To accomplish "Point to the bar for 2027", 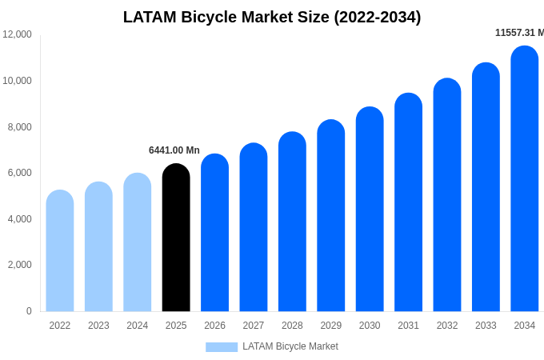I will [x=254, y=227].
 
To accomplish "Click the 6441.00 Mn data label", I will [x=174, y=150].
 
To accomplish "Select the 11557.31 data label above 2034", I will [x=518, y=33].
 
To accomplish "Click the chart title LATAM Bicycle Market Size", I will [x=272, y=17].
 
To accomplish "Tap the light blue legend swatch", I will [x=222, y=347].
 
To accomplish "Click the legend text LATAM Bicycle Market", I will [x=290, y=346].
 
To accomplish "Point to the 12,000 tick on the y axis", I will [x=17, y=34].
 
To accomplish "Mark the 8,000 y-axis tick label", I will [x=19, y=126].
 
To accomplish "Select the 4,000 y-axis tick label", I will [x=19, y=219].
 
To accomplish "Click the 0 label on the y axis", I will [x=29, y=311].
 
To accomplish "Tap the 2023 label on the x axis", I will [x=98, y=326].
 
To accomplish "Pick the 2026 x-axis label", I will [x=214, y=326].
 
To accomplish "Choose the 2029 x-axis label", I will [x=331, y=326].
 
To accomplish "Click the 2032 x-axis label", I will [x=447, y=326].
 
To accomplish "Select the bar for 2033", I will [x=486, y=187].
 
